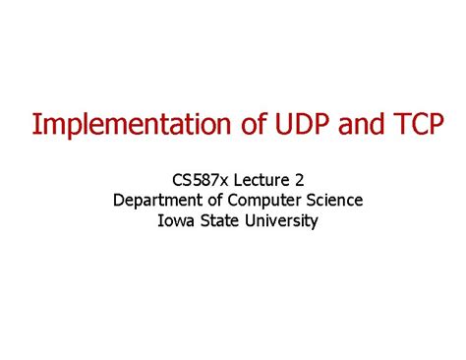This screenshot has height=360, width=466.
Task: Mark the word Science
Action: (331, 201)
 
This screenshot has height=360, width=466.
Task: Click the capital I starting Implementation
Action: (35, 125)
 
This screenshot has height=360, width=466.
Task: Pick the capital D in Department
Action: (118, 201)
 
